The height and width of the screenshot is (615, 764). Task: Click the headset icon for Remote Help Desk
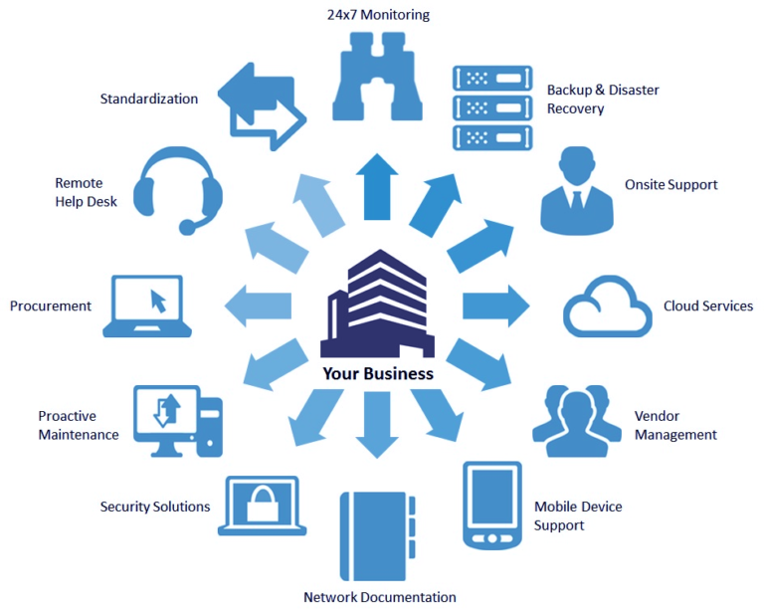pos(179,189)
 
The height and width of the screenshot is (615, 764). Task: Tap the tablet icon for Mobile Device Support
pos(492,505)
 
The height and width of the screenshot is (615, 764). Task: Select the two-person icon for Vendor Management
pos(570,421)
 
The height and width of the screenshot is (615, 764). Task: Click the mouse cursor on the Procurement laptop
pos(156,299)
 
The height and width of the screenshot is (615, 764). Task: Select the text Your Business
pos(377,374)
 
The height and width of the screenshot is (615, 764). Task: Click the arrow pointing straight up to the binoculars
pos(378,186)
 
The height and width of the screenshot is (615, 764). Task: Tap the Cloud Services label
pos(707,307)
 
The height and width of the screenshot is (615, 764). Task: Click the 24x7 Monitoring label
pos(378,15)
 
